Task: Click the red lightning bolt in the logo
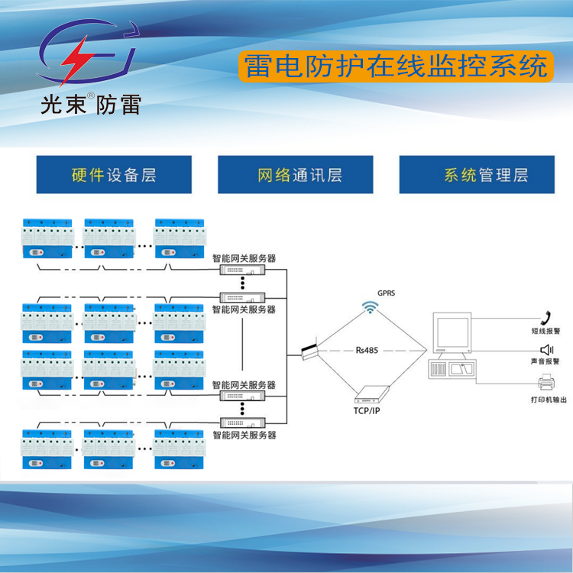click(76, 61)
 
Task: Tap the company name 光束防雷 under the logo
click(90, 103)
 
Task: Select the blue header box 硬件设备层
click(114, 175)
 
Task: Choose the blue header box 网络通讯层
click(295, 175)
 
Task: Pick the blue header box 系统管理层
click(477, 175)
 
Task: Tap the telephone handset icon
click(545, 317)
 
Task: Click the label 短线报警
click(545, 332)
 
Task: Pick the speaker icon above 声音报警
click(546, 350)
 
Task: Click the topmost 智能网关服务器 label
click(244, 259)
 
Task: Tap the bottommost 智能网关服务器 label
click(244, 435)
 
